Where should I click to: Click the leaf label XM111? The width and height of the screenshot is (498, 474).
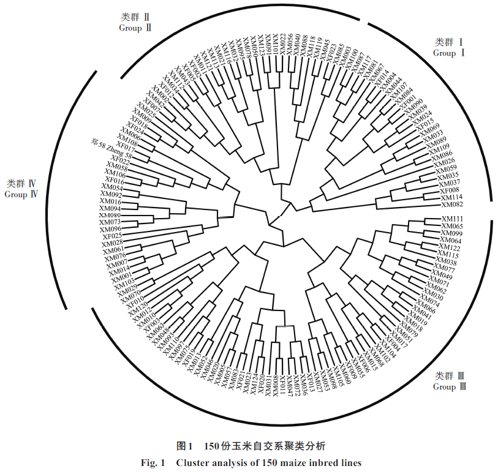point(452,219)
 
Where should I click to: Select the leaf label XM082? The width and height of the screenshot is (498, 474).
point(452,205)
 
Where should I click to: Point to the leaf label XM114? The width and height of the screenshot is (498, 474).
point(451,197)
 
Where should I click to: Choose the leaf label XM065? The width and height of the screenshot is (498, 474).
point(452,227)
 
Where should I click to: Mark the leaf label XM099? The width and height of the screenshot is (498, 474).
point(452,234)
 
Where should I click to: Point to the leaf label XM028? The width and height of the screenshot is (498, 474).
point(113,243)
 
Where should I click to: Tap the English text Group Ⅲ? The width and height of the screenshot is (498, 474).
point(450,387)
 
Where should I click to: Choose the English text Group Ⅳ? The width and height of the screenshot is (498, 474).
point(22,195)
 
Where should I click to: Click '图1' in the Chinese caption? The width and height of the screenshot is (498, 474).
point(184,445)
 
